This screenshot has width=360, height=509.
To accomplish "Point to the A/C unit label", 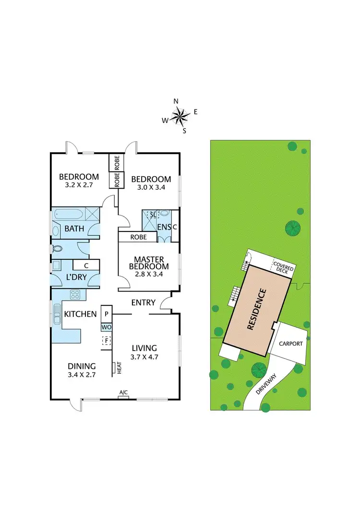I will click(x=123, y=393).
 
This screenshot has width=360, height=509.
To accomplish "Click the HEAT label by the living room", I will click(x=118, y=368).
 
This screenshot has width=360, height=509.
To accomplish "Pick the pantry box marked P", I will click(x=106, y=314).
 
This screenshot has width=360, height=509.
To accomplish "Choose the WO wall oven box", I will click(x=106, y=327).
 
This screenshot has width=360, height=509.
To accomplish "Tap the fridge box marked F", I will click(x=106, y=340).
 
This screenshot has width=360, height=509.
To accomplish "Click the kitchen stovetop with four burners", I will click(x=76, y=294).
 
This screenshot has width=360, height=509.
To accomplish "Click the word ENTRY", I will click(x=144, y=303).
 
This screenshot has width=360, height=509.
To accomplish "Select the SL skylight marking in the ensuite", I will click(x=153, y=215).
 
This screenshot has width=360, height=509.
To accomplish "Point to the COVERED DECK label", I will click(x=283, y=267).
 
